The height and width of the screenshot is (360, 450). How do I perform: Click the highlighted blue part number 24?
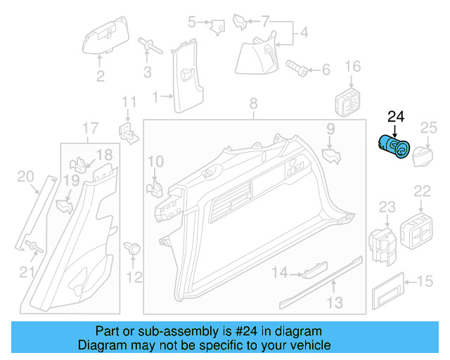coord(395,147)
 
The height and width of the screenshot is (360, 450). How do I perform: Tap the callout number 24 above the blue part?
coord(396,116)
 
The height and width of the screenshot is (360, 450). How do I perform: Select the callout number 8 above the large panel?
coord(253,106)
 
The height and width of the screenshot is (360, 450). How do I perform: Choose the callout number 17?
coord(90,128)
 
